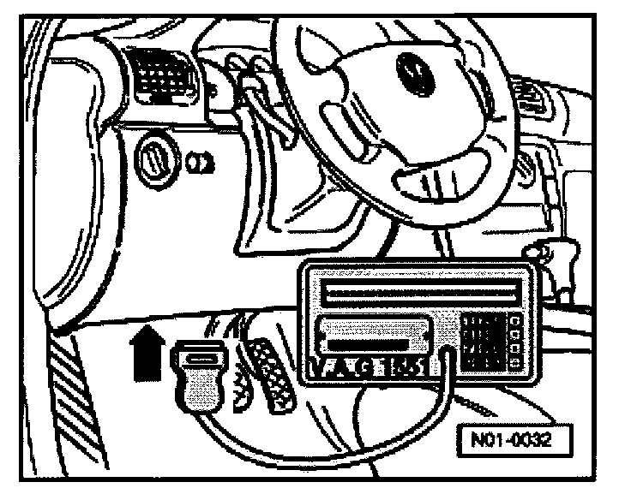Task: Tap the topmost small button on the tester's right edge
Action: tap(516, 322)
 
